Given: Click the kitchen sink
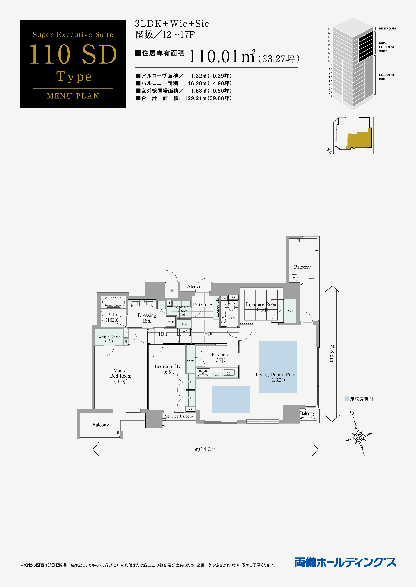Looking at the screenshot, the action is coord(229,373).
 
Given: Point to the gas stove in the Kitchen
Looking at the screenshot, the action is coord(203,372).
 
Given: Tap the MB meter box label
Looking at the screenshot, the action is coord(171,290).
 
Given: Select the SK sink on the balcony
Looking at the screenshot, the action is coord(294,277).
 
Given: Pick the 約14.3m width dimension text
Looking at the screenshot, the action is coord(205,449).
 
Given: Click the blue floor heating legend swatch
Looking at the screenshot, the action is coord(347,399).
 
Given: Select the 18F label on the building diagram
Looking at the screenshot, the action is coord(330,29).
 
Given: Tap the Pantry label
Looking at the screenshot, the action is coord(191,360).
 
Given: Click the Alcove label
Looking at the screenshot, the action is coord(194,287).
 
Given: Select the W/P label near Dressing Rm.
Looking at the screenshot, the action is coord(171,322).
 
